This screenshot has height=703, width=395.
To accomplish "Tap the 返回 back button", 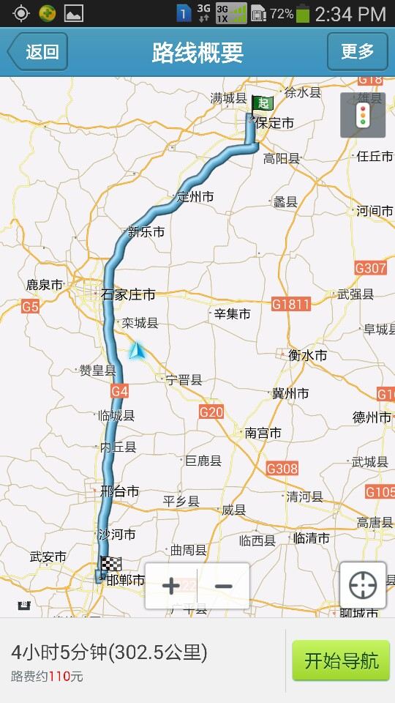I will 38,51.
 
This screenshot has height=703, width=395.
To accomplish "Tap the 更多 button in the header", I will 357,51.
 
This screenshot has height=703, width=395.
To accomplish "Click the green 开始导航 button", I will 341,661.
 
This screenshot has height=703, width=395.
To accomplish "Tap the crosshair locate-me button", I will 363,585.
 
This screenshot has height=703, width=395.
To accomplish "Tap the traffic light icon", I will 361,116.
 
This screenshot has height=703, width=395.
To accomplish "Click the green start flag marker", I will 261,104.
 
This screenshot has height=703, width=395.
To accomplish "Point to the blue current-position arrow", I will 137,351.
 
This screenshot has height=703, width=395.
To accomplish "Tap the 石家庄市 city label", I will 128,295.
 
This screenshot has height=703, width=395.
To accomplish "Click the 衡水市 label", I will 307,355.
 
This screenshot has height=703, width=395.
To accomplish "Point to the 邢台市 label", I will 119,492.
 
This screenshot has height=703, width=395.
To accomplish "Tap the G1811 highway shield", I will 290,304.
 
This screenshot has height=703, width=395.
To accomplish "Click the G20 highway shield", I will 211,412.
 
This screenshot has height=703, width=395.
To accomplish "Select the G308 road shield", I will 282,469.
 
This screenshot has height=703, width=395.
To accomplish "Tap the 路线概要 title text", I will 197,53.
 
